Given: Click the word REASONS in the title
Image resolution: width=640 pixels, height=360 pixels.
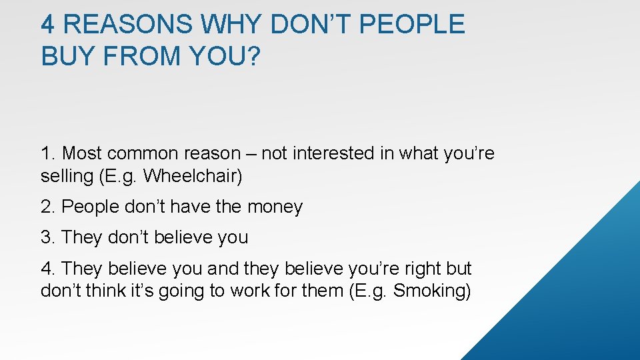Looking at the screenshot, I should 127,24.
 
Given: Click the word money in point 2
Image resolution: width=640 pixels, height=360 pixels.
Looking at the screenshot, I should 275,207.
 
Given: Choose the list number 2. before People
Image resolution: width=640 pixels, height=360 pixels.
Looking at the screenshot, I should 48,207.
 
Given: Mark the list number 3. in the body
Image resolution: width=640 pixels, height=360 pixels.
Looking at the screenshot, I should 48,237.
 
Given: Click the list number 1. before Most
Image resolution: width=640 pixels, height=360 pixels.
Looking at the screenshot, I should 48,153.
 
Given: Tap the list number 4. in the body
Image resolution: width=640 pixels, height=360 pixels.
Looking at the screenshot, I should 48,269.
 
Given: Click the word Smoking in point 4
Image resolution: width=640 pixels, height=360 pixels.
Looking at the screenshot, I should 429,291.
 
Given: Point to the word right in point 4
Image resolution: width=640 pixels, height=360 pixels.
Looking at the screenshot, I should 423,269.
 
